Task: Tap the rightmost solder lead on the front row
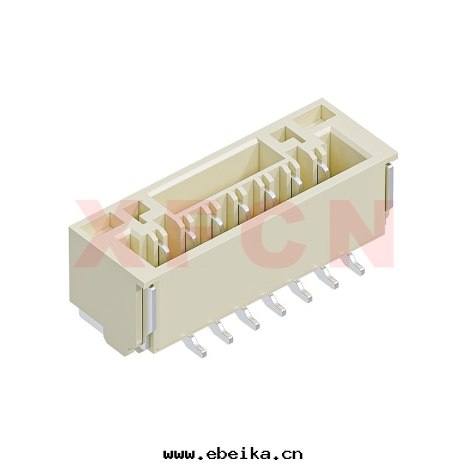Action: (x=354, y=264)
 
